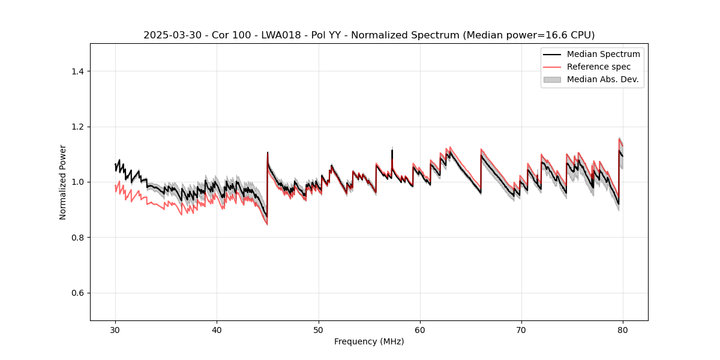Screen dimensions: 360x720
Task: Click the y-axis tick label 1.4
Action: [x=77, y=71]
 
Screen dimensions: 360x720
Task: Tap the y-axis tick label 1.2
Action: [x=77, y=127]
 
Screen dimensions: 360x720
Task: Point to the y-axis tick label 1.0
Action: [x=77, y=182]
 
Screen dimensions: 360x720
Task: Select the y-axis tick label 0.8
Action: [x=77, y=238]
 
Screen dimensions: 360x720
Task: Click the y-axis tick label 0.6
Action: [x=77, y=293]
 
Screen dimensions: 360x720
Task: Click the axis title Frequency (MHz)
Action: [x=369, y=341]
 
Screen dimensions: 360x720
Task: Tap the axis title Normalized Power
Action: [x=63, y=182]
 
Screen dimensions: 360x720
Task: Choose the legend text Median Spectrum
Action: [x=603, y=54]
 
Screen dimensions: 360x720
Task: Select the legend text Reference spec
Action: [x=599, y=67]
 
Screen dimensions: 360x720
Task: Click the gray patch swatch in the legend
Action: [x=552, y=79]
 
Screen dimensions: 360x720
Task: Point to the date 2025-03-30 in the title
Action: [x=170, y=35]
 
